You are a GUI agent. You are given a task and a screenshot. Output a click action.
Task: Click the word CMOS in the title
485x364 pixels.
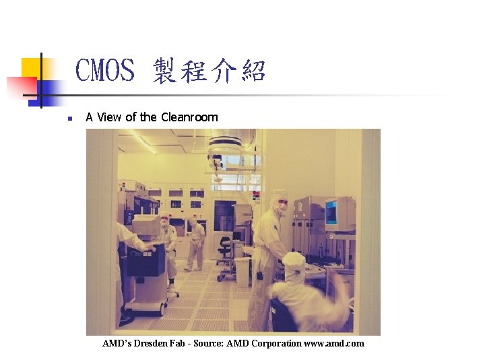coord(105,71)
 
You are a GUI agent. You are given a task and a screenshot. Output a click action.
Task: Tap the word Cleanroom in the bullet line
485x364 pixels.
coord(189,117)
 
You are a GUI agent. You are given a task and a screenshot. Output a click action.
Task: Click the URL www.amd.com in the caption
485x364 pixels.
coord(334,344)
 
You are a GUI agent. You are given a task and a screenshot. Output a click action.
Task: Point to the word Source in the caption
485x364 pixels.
coord(208,344)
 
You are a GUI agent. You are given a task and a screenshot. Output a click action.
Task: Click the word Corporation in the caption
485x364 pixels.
coord(276,344)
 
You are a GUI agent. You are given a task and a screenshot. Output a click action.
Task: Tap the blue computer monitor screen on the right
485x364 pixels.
coord(332,213)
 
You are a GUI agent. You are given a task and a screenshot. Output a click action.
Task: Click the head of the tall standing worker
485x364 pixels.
coord(279,200)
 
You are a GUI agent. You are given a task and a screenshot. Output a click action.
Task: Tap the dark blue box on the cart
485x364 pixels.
coord(146,262)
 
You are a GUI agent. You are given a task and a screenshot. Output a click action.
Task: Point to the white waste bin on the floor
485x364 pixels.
coord(242,270)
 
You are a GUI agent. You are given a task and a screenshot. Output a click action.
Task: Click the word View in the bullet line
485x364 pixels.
coord(110,117)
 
